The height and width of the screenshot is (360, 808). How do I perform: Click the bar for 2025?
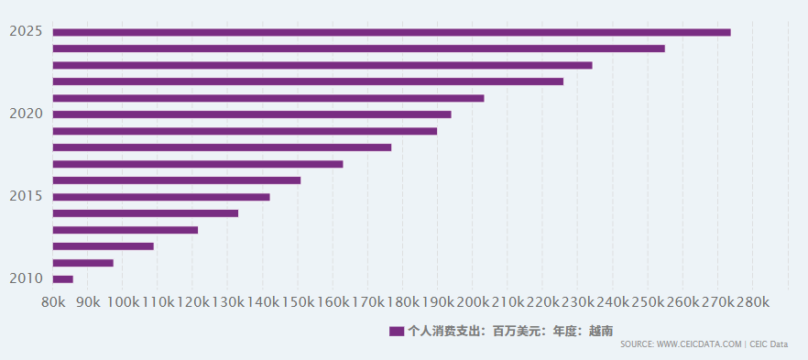pos(392,32)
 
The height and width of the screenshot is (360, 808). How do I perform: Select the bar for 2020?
pos(252,115)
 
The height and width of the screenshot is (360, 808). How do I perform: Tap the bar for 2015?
pos(161,197)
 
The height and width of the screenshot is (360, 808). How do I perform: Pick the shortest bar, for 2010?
pos(63,279)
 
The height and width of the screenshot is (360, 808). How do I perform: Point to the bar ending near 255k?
pos(359,49)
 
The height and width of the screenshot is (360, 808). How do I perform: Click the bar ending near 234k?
pos(322,65)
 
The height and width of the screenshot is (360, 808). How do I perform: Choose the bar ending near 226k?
pos(308,82)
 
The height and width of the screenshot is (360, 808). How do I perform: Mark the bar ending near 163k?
pos(198,164)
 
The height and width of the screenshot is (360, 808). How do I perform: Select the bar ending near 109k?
pos(103,246)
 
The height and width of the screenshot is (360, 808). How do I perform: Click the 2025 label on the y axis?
pos(26,31)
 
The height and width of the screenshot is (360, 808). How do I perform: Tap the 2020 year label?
pos(26,114)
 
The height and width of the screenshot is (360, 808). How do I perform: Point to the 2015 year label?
pos(26,196)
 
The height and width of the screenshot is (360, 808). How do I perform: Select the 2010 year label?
pos(26,278)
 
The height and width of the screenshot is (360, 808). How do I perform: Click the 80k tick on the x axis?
pos(53,302)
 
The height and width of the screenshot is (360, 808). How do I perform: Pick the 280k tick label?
pos(752,302)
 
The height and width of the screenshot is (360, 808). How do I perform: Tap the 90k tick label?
pos(88,302)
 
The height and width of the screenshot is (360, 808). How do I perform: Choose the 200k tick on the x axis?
pos(473,302)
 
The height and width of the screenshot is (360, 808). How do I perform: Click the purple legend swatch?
pos(397,332)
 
